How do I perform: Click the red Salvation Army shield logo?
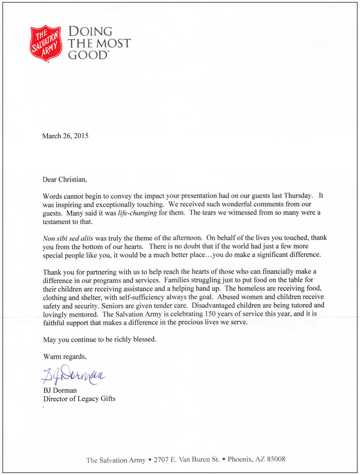click(x=47, y=43)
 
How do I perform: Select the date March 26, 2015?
click(x=66, y=136)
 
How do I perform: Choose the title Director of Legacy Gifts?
click(x=79, y=399)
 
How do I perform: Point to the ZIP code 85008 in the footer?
click(x=276, y=459)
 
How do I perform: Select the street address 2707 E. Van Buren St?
click(x=185, y=459)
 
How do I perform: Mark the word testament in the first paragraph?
click(x=59, y=222)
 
